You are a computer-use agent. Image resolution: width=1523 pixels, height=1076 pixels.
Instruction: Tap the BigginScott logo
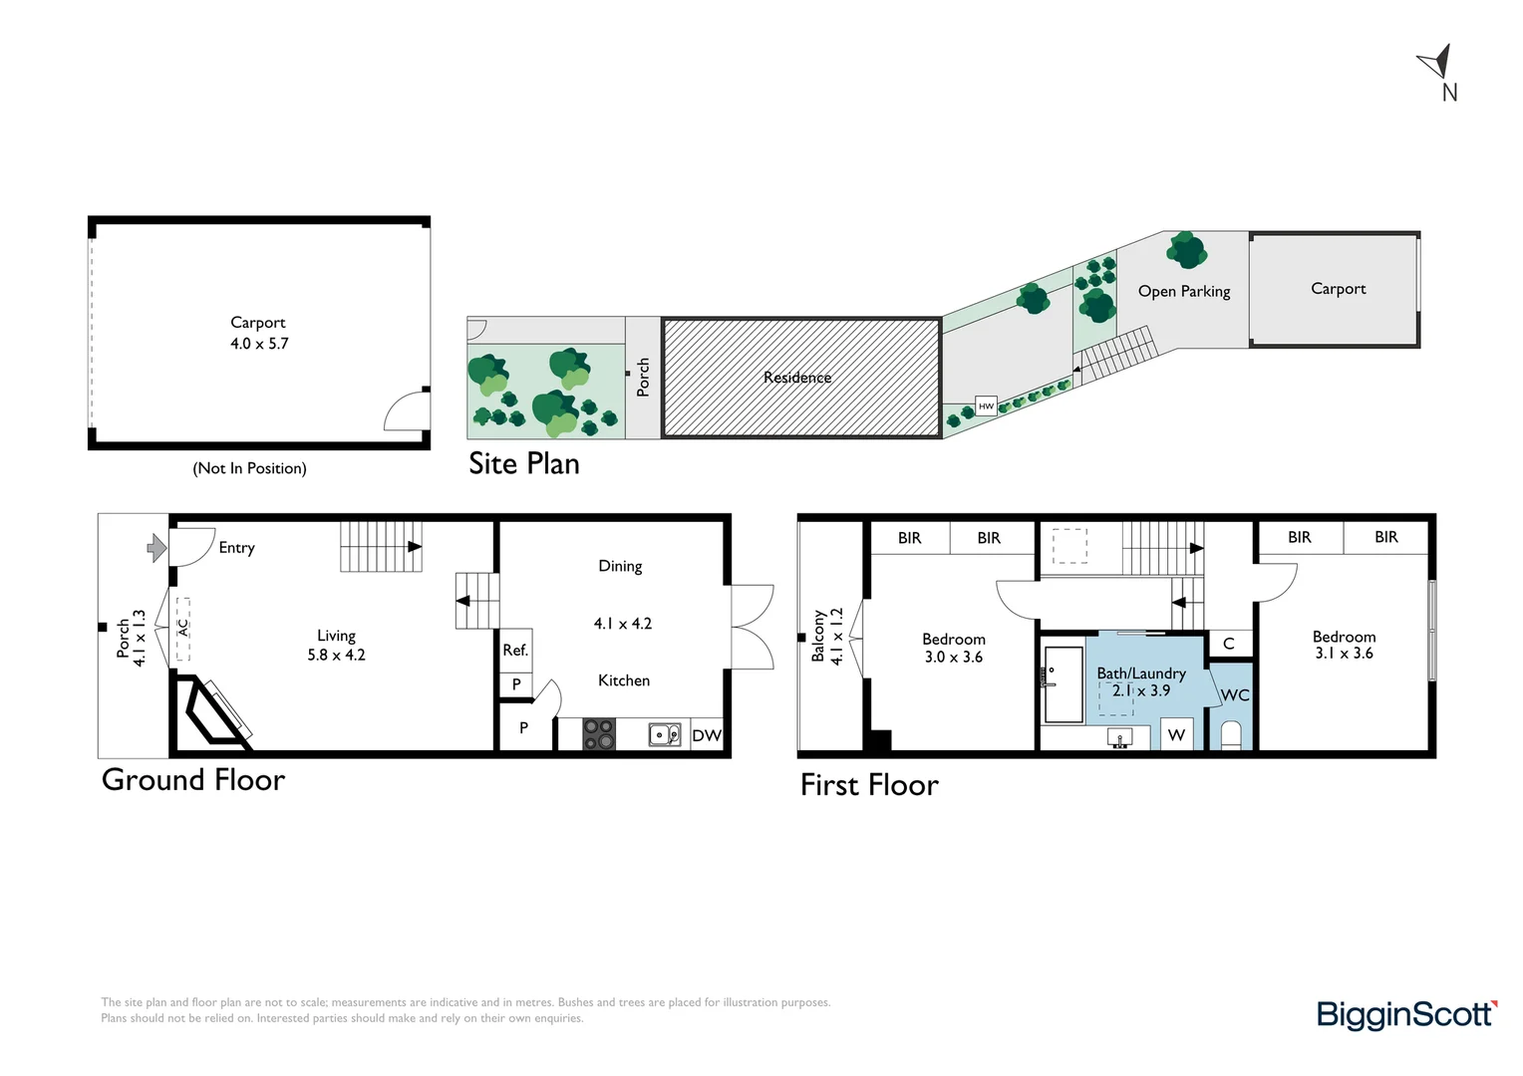[x=1405, y=1014]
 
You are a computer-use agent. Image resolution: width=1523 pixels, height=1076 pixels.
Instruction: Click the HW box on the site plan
[x=986, y=406]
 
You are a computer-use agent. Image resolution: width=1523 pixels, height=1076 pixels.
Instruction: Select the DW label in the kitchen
[x=707, y=735]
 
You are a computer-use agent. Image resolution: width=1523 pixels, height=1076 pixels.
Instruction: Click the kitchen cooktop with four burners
[x=599, y=734]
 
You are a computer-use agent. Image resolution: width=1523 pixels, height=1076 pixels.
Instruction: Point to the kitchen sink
[x=664, y=735]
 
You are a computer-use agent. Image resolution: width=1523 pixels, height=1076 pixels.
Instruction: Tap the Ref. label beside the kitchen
[x=515, y=651]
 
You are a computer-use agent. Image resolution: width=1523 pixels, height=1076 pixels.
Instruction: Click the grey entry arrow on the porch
[x=156, y=547]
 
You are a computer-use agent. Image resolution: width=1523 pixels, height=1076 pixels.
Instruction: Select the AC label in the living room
[x=183, y=628]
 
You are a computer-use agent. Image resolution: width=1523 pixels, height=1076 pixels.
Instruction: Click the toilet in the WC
[x=1231, y=736]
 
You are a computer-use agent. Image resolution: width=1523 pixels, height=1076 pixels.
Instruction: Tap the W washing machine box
[x=1176, y=735]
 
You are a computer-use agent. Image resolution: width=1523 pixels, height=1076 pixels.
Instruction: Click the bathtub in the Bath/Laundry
[x=1064, y=684]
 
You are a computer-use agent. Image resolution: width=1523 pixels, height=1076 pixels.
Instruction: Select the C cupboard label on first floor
[x=1229, y=644]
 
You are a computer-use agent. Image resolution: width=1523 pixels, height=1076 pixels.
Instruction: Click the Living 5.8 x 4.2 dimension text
[x=337, y=655]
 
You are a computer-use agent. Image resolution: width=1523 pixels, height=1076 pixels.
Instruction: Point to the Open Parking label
[x=1184, y=291]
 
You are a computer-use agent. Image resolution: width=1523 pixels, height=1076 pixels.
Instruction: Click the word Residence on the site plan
[x=797, y=378]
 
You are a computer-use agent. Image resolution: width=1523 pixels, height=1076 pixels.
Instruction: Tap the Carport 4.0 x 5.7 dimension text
[x=259, y=344]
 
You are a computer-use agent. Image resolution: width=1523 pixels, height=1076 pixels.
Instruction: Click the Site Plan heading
[x=524, y=464]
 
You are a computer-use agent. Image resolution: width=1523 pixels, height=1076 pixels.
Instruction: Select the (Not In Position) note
[x=249, y=468]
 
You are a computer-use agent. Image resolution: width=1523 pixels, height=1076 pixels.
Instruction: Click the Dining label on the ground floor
[x=620, y=566]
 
